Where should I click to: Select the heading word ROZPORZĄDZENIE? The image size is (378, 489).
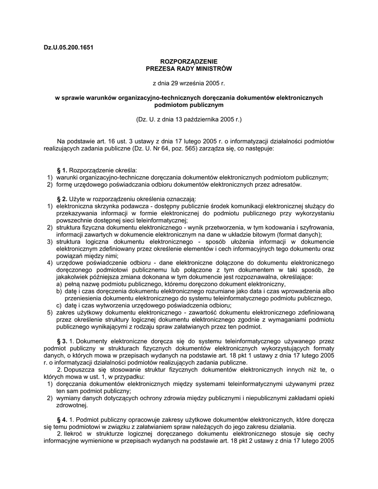(x=189, y=62)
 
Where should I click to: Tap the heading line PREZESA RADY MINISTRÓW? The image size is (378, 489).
(x=189, y=69)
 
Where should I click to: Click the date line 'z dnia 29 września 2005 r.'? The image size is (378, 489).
(x=188, y=83)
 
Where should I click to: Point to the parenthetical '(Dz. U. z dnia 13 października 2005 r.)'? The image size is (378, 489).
(x=189, y=119)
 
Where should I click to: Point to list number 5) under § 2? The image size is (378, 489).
(x=49, y=312)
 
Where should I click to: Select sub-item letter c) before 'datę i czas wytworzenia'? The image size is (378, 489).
(x=59, y=306)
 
